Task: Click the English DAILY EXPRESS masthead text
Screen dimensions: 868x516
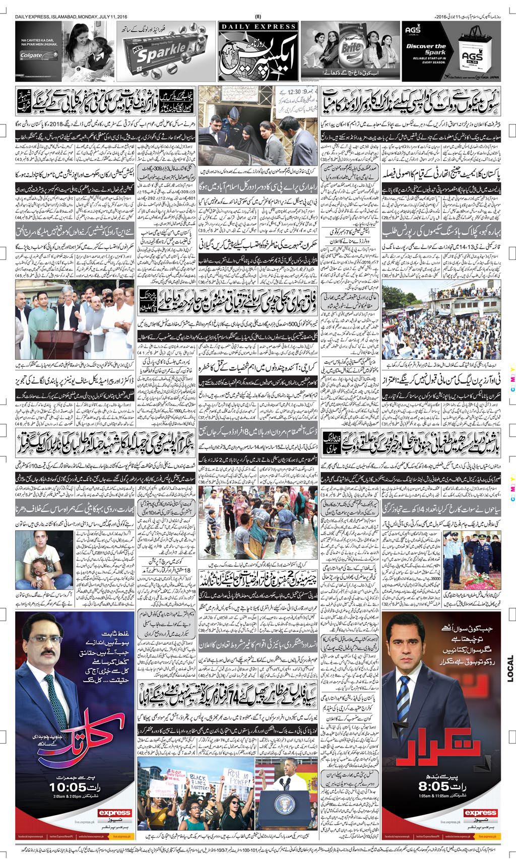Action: click(x=257, y=26)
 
